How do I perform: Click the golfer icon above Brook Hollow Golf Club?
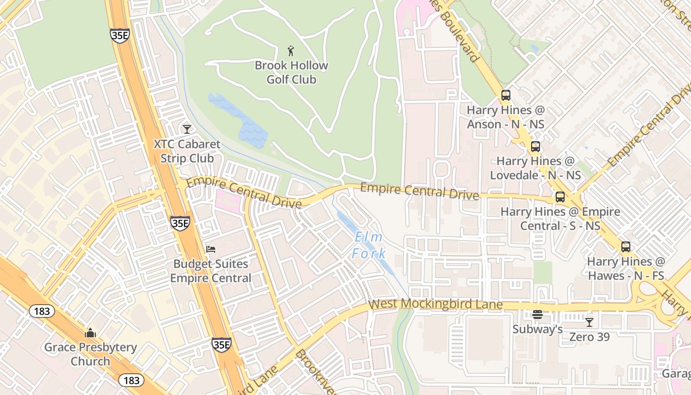coord(291,50)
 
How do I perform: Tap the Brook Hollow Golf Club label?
coord(291,72)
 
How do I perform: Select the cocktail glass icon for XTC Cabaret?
coord(187,129)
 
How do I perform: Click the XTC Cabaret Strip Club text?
coord(187,151)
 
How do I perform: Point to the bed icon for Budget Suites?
coord(211,249)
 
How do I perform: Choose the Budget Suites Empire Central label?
coord(211,271)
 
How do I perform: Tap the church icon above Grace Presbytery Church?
coord(90,333)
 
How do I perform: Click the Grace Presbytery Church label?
coord(90,354)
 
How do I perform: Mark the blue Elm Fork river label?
coord(369,245)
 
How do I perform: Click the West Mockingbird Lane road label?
coord(435,304)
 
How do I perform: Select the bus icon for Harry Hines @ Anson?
coord(505,95)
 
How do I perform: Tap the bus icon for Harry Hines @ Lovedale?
coord(535,147)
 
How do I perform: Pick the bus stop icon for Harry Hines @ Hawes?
coord(625,247)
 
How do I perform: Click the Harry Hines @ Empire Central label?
coord(560,219)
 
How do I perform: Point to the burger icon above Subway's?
coord(537,315)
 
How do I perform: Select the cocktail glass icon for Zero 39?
coord(589,322)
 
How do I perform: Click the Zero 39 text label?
coord(589,337)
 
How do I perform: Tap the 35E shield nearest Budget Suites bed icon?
coord(180,223)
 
